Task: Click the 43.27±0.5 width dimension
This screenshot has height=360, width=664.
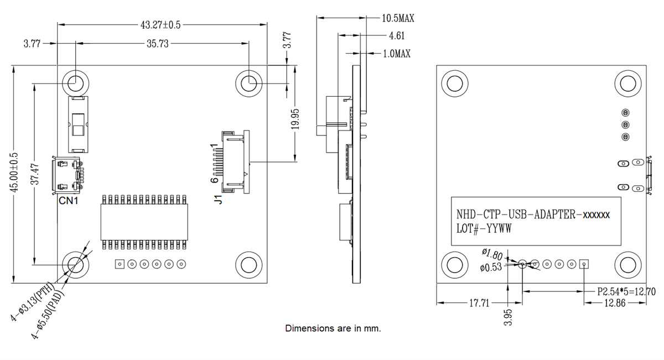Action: pos(160,25)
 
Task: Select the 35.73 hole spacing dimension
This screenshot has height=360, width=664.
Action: pos(158,44)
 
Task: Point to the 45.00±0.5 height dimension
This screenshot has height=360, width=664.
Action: pos(15,173)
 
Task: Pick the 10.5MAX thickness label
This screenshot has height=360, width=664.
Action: pos(398,18)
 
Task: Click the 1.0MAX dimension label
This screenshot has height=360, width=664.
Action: pos(396,54)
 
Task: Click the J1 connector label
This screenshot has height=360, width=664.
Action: pos(217,199)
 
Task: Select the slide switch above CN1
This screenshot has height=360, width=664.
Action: pos(78,124)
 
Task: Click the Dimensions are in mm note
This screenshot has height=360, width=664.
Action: pos(333,328)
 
